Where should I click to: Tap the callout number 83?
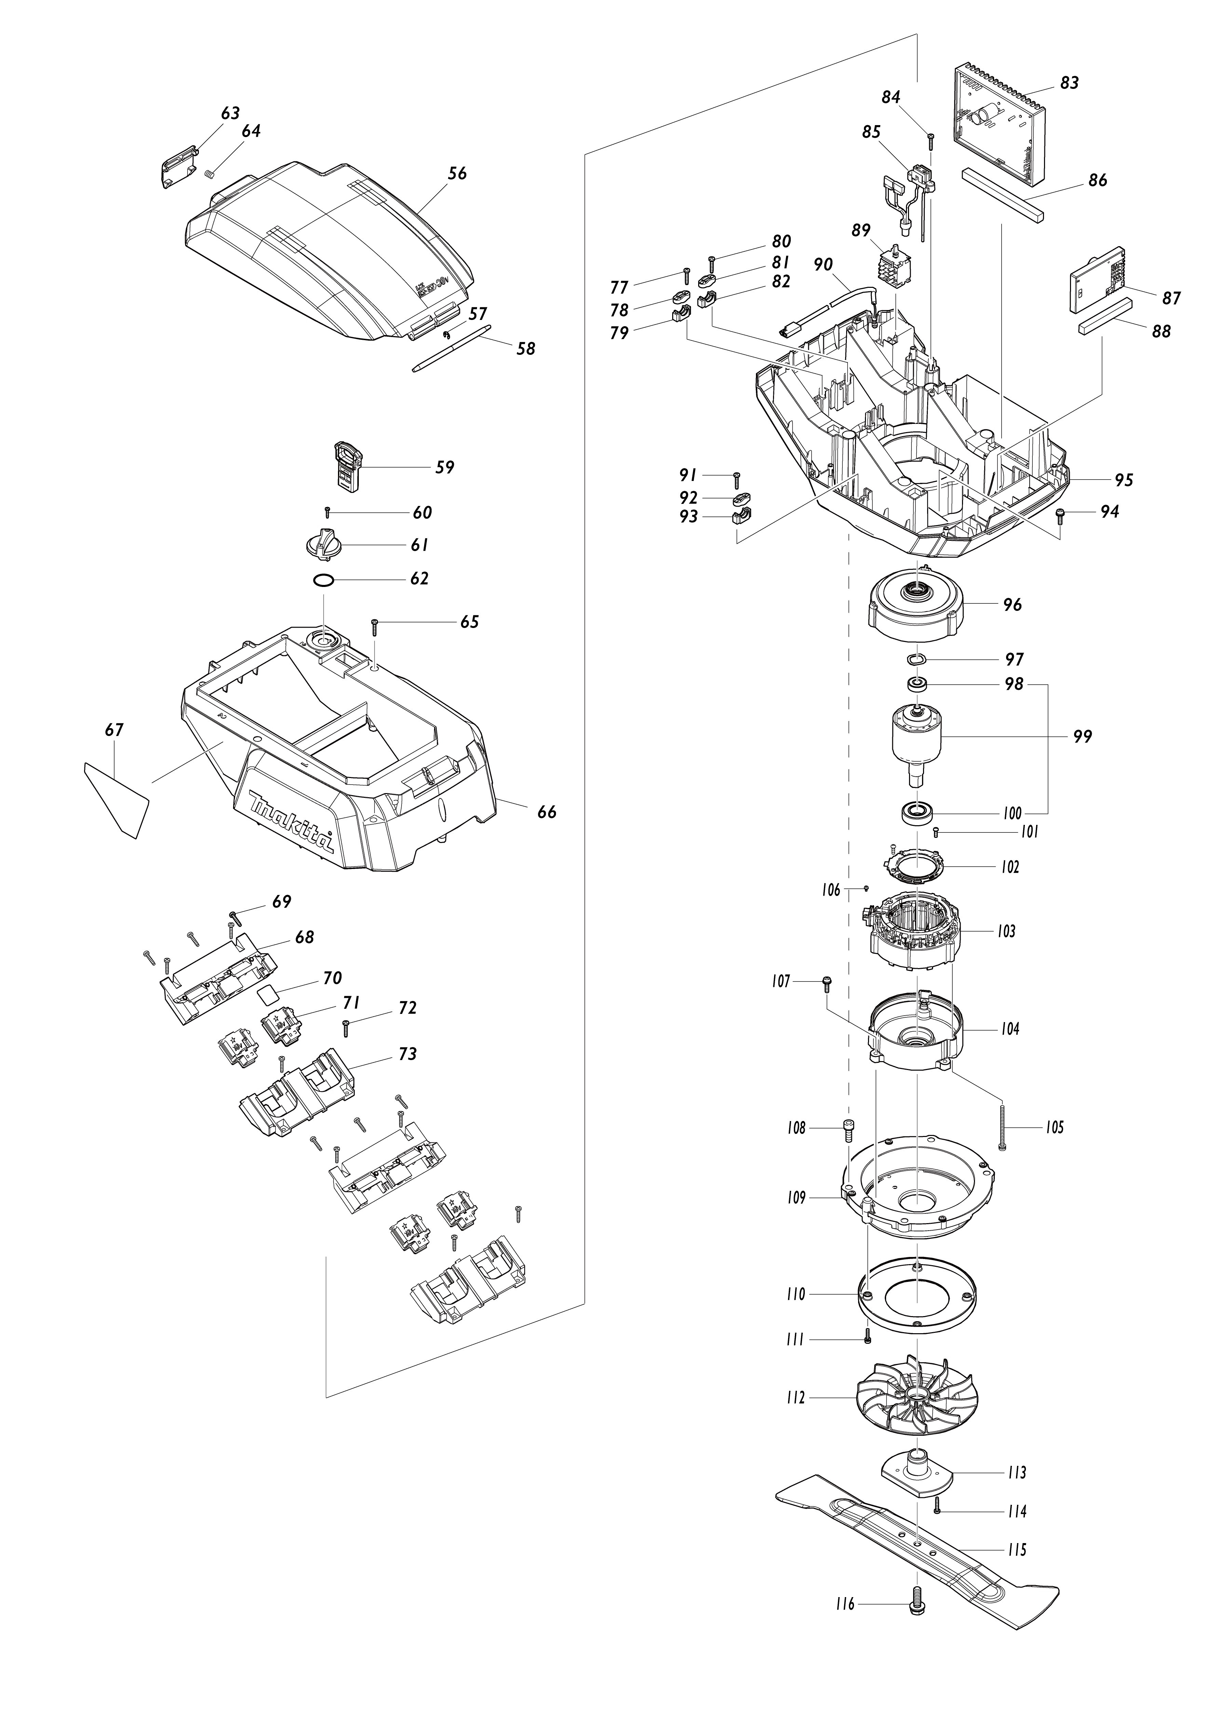(1069, 83)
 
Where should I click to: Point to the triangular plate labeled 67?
(117, 799)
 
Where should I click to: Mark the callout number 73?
(407, 1054)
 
